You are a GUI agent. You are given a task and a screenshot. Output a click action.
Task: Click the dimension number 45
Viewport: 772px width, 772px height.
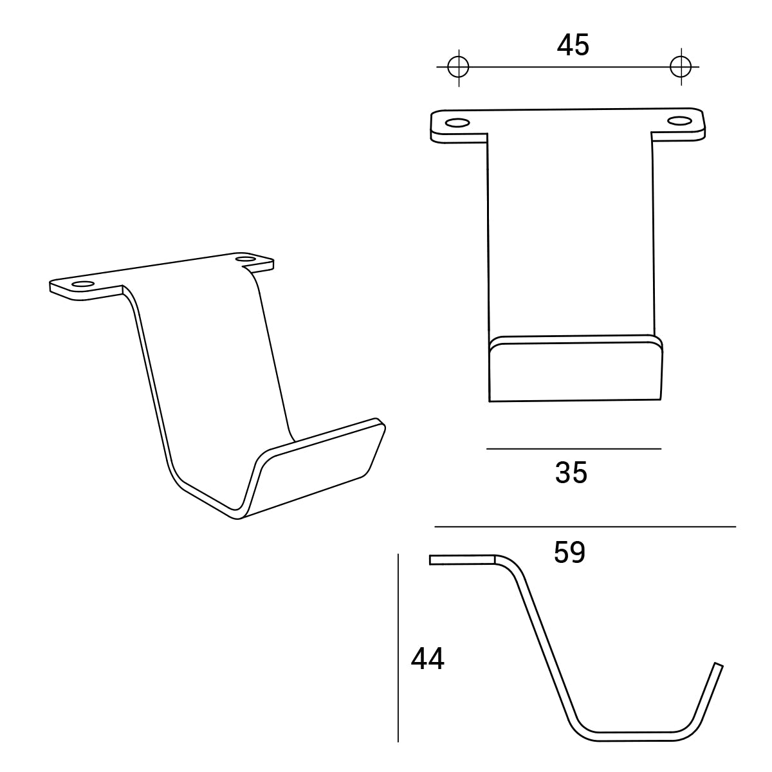[573, 46]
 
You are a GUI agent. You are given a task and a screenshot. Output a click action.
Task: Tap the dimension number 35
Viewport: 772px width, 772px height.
[571, 473]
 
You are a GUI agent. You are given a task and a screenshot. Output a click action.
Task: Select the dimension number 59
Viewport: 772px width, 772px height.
[569, 553]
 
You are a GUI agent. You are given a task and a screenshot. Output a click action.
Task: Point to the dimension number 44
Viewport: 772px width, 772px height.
[428, 659]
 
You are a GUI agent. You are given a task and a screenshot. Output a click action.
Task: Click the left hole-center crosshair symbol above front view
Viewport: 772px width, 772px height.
[458, 66]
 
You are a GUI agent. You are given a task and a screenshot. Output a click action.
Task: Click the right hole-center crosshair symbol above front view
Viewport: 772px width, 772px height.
[681, 66]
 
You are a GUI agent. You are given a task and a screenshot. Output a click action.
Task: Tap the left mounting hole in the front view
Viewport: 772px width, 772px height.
[457, 123]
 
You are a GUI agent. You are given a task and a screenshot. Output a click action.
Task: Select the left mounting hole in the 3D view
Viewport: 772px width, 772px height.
[82, 284]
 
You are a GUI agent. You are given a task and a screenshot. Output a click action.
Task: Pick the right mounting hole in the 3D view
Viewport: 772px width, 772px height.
[246, 259]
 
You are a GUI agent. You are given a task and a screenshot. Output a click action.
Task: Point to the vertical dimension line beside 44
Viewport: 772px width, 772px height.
[399, 647]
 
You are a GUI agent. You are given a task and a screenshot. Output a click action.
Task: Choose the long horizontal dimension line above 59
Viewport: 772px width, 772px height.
[585, 527]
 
